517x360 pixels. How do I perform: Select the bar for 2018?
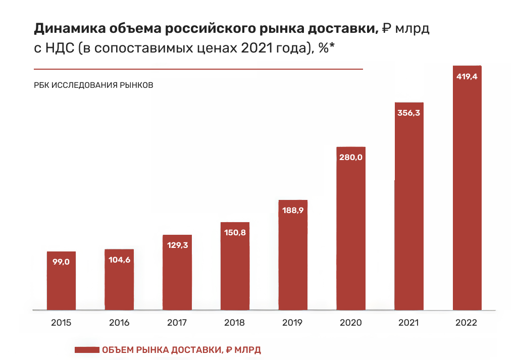(x=235, y=273)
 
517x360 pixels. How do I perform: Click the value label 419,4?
(x=467, y=78)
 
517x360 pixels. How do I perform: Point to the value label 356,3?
(x=409, y=113)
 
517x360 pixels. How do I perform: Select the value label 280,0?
(x=351, y=157)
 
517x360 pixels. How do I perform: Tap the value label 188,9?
(x=293, y=210)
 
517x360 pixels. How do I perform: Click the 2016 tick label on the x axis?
(x=119, y=323)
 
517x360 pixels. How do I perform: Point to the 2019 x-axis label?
(x=293, y=323)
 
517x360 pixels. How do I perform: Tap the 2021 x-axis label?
(x=409, y=323)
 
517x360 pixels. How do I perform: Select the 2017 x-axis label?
(x=177, y=323)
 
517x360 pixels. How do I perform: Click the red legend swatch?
(x=86, y=349)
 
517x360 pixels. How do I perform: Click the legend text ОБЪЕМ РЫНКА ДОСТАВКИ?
(x=162, y=349)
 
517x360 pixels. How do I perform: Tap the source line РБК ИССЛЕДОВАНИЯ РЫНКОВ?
(x=93, y=85)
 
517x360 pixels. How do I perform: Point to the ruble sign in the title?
(x=386, y=30)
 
